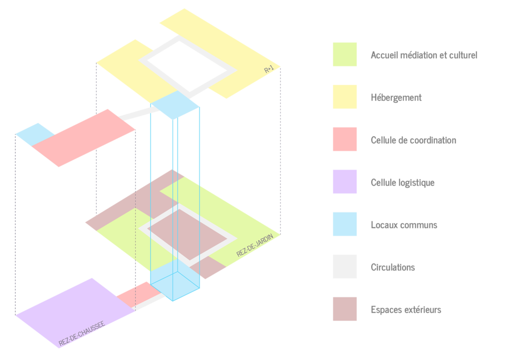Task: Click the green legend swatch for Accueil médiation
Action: pyautogui.click(x=344, y=54)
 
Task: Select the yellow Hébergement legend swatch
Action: pyautogui.click(x=344, y=96)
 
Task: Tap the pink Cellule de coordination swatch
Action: pyautogui.click(x=344, y=139)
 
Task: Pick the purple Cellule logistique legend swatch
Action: pyautogui.click(x=344, y=182)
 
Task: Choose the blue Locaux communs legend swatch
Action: pyautogui.click(x=344, y=224)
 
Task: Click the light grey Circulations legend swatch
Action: pyautogui.click(x=344, y=266)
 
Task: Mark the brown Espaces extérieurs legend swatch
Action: pyautogui.click(x=344, y=309)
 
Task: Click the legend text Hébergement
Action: pyautogui.click(x=396, y=97)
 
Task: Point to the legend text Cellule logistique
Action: pyautogui.click(x=402, y=183)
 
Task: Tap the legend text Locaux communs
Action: pyautogui.click(x=404, y=225)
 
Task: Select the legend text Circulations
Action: pyautogui.click(x=392, y=267)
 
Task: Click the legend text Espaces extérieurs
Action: pyautogui.click(x=406, y=309)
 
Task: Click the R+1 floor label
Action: pyautogui.click(x=269, y=70)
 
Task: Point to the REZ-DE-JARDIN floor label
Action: pyautogui.click(x=255, y=246)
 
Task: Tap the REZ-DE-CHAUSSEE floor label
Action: pyautogui.click(x=82, y=333)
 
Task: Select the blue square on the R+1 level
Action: pyautogui.click(x=175, y=105)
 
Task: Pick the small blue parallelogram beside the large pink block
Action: pyautogui.click(x=35, y=135)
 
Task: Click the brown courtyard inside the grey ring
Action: pyautogui.click(x=187, y=234)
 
